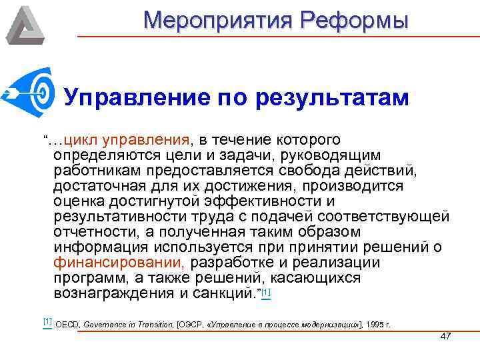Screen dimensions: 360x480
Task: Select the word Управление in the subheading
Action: tap(134, 99)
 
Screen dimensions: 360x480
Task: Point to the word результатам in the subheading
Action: tap(331, 99)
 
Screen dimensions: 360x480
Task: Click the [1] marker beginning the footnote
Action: tap(47, 322)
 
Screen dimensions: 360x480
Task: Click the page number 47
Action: tap(446, 336)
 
